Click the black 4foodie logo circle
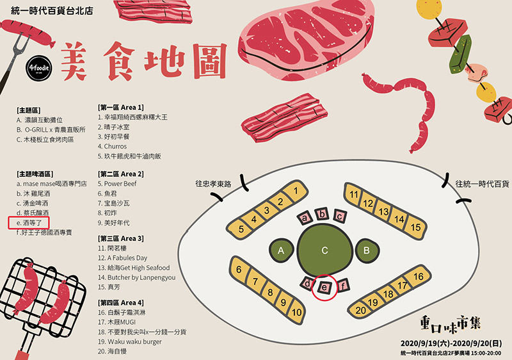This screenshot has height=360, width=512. click(x=39, y=68)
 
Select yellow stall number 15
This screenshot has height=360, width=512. click(x=415, y=227)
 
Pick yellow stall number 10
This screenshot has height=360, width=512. click(x=296, y=312)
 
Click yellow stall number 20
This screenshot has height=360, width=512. click(x=360, y=310)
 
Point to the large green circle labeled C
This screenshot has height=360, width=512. click(x=324, y=250)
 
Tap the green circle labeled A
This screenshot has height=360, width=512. click(x=281, y=250)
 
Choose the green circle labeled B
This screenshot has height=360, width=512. click(x=367, y=250)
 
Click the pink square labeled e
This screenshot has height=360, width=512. click(x=324, y=287)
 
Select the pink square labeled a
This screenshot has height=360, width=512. click(x=305, y=218)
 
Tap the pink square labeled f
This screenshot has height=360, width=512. click(x=342, y=286)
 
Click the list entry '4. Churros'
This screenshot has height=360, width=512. click(x=113, y=146)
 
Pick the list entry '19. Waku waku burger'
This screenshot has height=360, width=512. click(x=130, y=341)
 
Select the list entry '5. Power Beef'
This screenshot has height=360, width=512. click(x=117, y=184)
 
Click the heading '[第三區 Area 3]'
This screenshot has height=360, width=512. click(x=120, y=238)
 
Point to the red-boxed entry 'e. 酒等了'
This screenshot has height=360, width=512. click(x=29, y=223)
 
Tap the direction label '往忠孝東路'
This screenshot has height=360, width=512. click(x=213, y=184)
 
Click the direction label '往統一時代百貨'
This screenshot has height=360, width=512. click(x=482, y=184)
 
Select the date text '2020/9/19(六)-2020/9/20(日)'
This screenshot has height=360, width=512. click(x=451, y=343)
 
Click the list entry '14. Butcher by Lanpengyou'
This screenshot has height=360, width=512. click(x=136, y=277)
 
